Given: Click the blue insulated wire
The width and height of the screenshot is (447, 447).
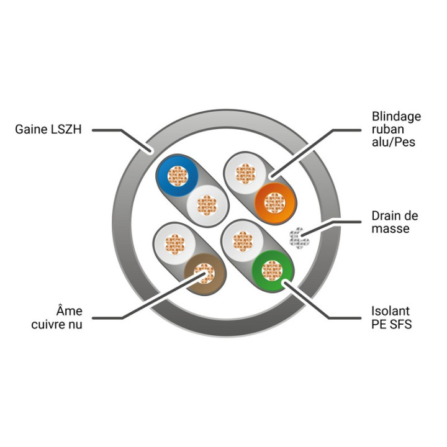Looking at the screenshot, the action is click(178, 176).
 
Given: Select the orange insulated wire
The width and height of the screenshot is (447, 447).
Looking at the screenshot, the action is click(275, 203).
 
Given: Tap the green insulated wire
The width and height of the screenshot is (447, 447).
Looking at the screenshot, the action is click(272, 271).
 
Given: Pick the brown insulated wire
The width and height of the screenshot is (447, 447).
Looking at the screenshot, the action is click(204, 274).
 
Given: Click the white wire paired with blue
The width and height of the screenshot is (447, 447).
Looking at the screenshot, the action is click(207, 205).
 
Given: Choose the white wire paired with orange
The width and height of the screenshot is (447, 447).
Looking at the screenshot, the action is click(245, 173).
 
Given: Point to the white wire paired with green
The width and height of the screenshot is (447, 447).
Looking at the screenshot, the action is click(243, 241).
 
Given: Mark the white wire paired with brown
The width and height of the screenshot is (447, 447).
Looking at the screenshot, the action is click(174, 244).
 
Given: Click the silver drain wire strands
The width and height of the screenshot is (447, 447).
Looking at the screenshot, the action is click(299, 238).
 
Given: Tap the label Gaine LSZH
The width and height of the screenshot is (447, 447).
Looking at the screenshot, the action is click(48, 129).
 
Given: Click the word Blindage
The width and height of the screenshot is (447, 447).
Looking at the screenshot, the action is click(396, 117).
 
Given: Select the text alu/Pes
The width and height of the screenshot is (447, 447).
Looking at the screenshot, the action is click(394, 142).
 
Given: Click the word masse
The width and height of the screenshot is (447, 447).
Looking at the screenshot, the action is click(391, 228).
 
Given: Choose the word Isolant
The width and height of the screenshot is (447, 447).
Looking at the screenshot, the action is click(391, 311).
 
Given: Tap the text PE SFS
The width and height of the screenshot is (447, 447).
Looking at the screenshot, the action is click(392, 324).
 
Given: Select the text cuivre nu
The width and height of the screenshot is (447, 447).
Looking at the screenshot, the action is click(56, 325).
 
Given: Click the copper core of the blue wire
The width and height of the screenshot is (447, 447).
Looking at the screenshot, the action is click(178, 176).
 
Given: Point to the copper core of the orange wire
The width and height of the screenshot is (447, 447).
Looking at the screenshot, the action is click(275, 203).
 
